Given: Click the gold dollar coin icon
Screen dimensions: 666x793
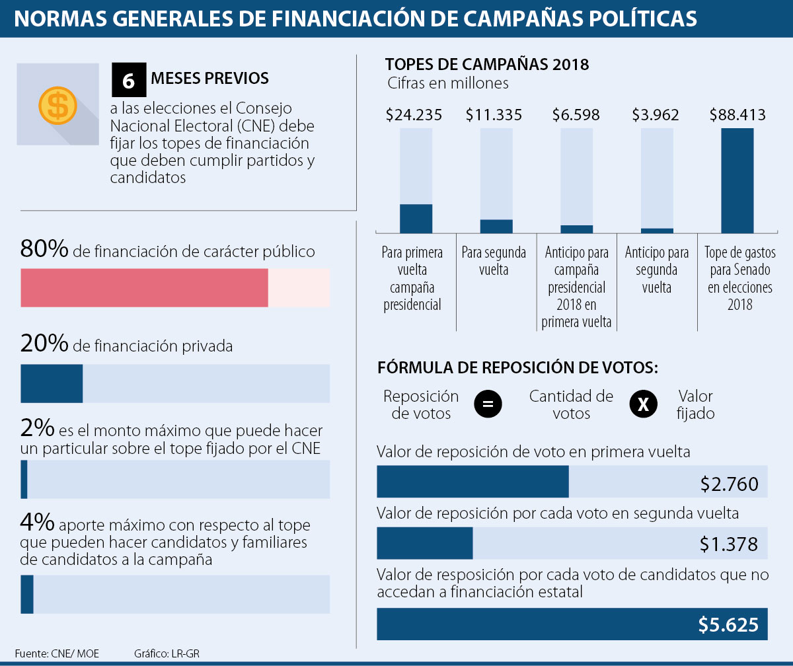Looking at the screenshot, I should pyautogui.click(x=57, y=104).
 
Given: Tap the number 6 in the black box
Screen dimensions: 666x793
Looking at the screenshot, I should pyautogui.click(x=128, y=80).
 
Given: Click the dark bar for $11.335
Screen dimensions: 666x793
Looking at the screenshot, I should pyautogui.click(x=496, y=226).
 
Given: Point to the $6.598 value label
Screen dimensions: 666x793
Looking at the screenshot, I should pyautogui.click(x=576, y=115).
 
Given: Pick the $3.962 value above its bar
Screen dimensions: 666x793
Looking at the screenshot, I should pyautogui.click(x=656, y=115).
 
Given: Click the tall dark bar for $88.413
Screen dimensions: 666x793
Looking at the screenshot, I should pyautogui.click(x=737, y=180).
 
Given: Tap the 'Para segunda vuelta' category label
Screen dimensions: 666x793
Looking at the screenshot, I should pyautogui.click(x=494, y=261).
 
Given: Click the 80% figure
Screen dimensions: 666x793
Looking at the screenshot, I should pyautogui.click(x=44, y=250).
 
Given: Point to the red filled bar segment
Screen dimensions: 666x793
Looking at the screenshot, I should pyautogui.click(x=144, y=287).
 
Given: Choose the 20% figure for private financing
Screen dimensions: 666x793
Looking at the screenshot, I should pyautogui.click(x=44, y=344).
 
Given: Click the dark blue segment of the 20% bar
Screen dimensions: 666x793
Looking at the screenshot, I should pyautogui.click(x=52, y=383).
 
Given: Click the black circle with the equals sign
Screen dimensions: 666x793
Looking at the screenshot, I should pyautogui.click(x=488, y=404).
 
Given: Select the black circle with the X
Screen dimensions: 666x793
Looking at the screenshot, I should pyautogui.click(x=643, y=404).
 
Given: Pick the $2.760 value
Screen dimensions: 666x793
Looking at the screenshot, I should pyautogui.click(x=730, y=485).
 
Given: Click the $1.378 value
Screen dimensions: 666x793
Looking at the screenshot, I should pyautogui.click(x=730, y=544).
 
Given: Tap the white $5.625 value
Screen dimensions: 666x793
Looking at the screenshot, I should pyautogui.click(x=728, y=624).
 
